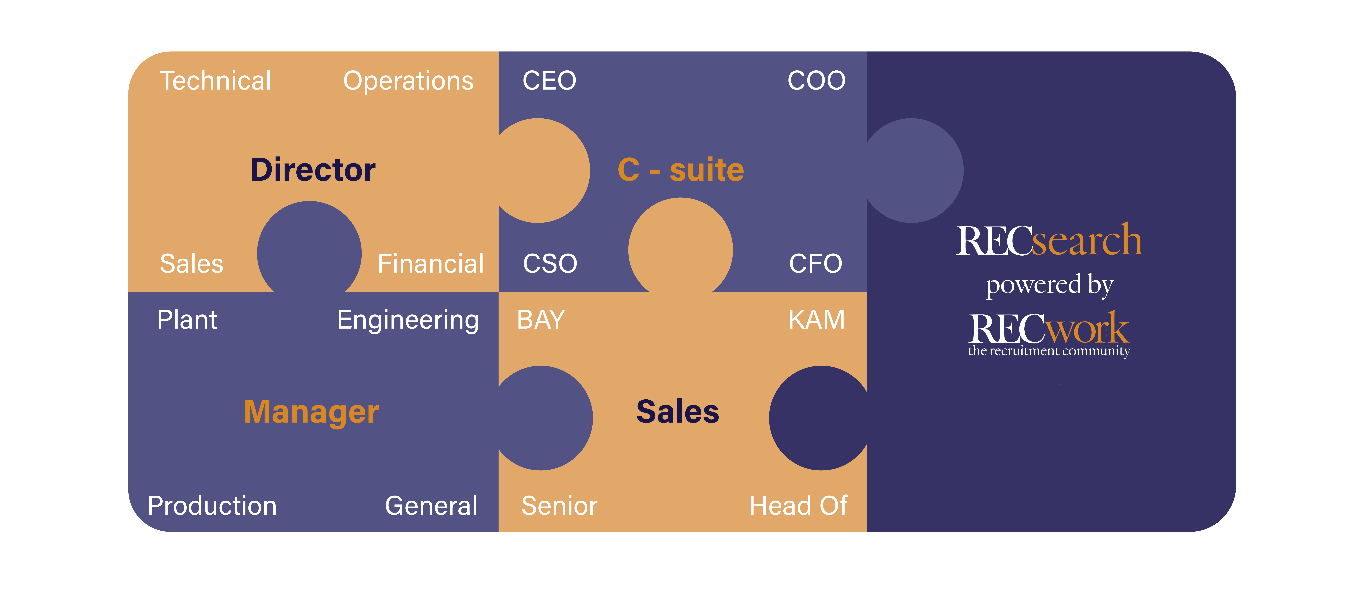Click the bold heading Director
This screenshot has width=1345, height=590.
pyautogui.click(x=313, y=170)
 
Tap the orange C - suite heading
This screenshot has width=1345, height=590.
pyautogui.click(x=680, y=170)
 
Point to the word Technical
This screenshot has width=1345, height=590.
pyautogui.click(x=215, y=81)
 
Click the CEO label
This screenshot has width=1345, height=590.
pyautogui.click(x=549, y=81)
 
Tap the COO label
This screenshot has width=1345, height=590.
pyautogui.click(x=816, y=81)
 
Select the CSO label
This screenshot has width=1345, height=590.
pyautogui.click(x=550, y=263)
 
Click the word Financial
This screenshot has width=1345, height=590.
pyautogui.click(x=430, y=263)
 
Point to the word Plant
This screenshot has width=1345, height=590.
pyautogui.click(x=187, y=320)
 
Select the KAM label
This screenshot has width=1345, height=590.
pyautogui.click(x=816, y=320)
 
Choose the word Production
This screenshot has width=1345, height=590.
pyautogui.click(x=212, y=506)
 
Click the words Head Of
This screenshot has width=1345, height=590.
pyautogui.click(x=798, y=506)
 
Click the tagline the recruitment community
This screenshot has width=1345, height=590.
pyautogui.click(x=1048, y=351)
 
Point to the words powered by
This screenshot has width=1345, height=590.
pyautogui.click(x=1049, y=285)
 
